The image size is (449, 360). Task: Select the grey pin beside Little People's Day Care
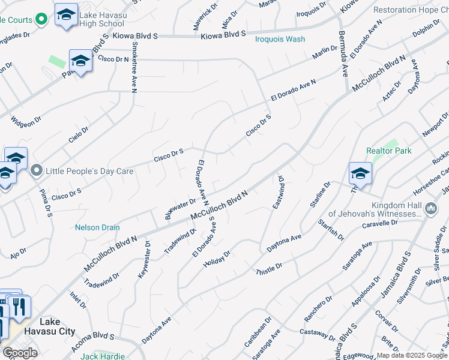point(37,171)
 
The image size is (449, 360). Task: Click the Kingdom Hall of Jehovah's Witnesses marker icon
point(430,208)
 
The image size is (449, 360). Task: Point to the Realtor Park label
point(389,151)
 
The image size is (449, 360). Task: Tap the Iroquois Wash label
point(280,39)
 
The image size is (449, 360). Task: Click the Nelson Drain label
point(97,227)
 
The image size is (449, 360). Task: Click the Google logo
point(20,353)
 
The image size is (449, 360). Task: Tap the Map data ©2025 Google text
point(412,355)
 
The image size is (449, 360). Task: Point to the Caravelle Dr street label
point(380,224)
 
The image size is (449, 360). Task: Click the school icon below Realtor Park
point(360,174)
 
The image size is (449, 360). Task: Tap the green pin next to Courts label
point(41,19)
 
